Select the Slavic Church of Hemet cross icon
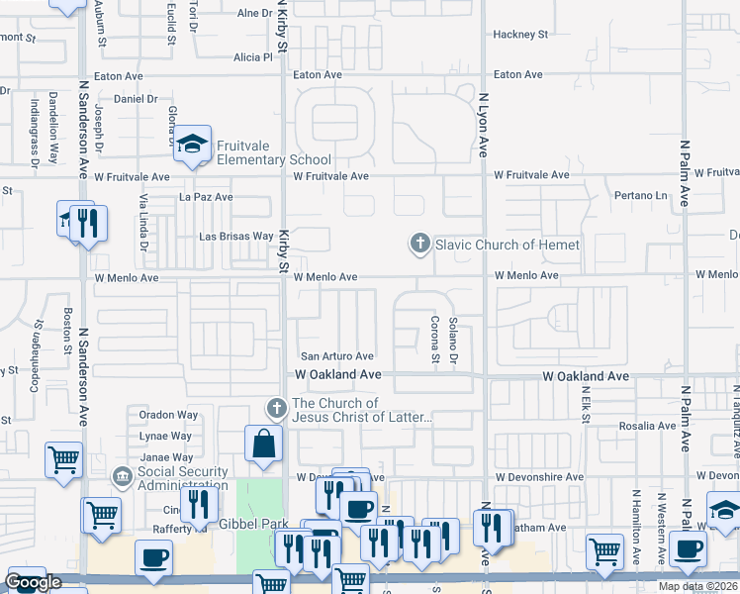(x=420, y=244)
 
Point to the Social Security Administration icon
(x=122, y=478)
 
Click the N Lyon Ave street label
(x=484, y=126)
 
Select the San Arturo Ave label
(x=337, y=356)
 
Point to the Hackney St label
(x=520, y=34)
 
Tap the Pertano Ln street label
(x=641, y=196)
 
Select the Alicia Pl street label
(x=253, y=57)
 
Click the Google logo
(x=33, y=582)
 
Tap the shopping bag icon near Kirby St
(x=266, y=446)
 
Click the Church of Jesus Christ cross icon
(x=277, y=406)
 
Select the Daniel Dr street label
(x=137, y=99)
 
